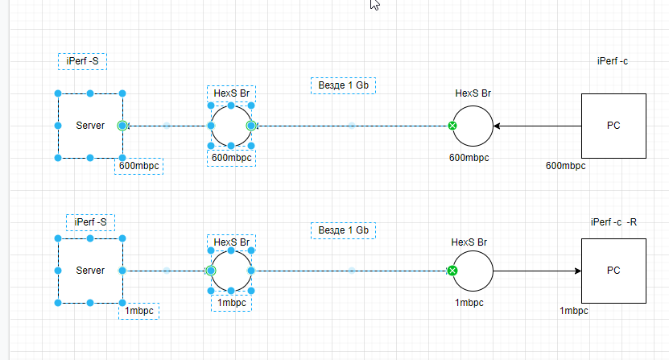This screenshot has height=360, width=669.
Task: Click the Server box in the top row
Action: click(90, 126)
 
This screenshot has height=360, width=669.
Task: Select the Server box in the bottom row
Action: click(90, 271)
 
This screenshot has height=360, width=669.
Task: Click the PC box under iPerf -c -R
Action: click(613, 271)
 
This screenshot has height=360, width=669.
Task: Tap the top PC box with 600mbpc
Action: click(613, 126)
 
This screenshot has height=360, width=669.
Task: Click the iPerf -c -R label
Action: click(613, 222)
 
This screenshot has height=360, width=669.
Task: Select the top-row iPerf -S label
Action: click(82, 61)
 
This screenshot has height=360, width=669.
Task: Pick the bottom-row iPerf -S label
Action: click(90, 222)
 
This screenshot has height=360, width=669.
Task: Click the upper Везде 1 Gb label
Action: click(344, 85)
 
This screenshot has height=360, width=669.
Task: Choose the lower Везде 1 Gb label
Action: click(344, 230)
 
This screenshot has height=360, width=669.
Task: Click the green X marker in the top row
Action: click(452, 126)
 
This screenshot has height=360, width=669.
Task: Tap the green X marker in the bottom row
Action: click(452, 271)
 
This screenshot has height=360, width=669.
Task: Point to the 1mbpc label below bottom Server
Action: click(139, 311)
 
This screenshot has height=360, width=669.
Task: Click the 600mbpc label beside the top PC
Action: click(565, 166)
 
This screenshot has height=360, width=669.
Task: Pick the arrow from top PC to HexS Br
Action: click(538, 126)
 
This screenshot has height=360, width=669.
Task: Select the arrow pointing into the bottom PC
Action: click(538, 271)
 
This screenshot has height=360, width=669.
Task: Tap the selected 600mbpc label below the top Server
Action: click(139, 166)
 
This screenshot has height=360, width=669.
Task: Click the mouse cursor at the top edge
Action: click(374, 4)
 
